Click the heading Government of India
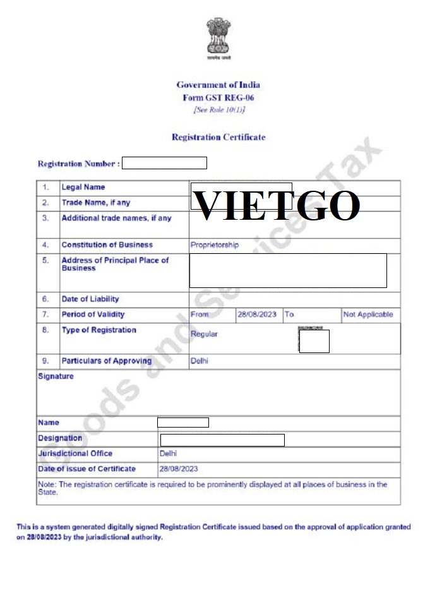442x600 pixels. coord(218,85)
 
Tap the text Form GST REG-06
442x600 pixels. coord(218,98)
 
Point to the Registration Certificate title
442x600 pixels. coord(218,137)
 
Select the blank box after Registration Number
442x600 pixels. coord(164,164)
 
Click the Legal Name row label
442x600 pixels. coord(83,188)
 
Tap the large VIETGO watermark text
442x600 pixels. coord(276,205)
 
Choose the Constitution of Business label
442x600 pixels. coord(107,245)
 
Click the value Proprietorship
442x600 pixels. coord(215,245)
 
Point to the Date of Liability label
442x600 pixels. coord(90,299)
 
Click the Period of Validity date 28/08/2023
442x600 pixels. coord(256,315)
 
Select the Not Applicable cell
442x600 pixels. coord(367,315)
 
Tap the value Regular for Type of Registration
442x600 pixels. coord(204,334)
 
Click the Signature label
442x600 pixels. coord(56,376)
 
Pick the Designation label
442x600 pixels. coord(60,438)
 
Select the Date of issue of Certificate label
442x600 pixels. coord(87,469)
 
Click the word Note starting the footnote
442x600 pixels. coord(47,484)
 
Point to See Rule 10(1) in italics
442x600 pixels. coord(218,111)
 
